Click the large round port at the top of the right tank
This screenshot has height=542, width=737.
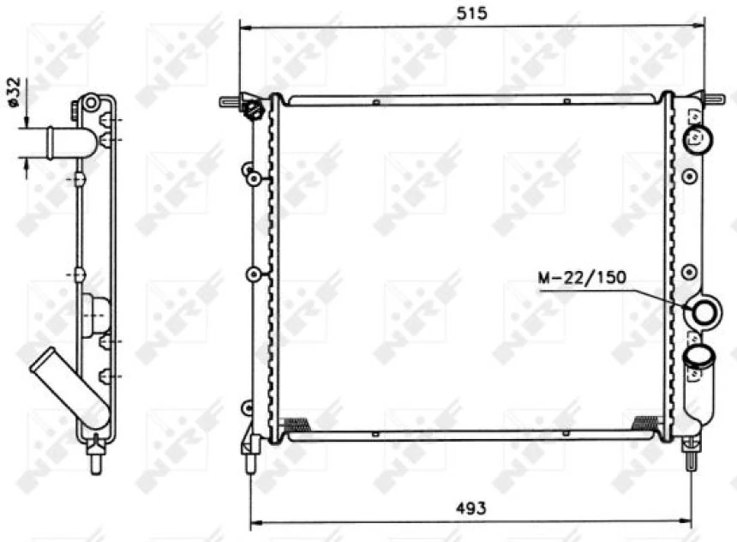point(699,137)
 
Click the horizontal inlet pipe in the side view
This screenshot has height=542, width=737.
point(57,141)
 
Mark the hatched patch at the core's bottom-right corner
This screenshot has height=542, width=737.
point(644,422)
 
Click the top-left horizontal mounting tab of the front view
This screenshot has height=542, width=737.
point(231,101)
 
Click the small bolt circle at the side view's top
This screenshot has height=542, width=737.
point(90,103)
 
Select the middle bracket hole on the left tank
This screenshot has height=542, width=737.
point(254,274)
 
